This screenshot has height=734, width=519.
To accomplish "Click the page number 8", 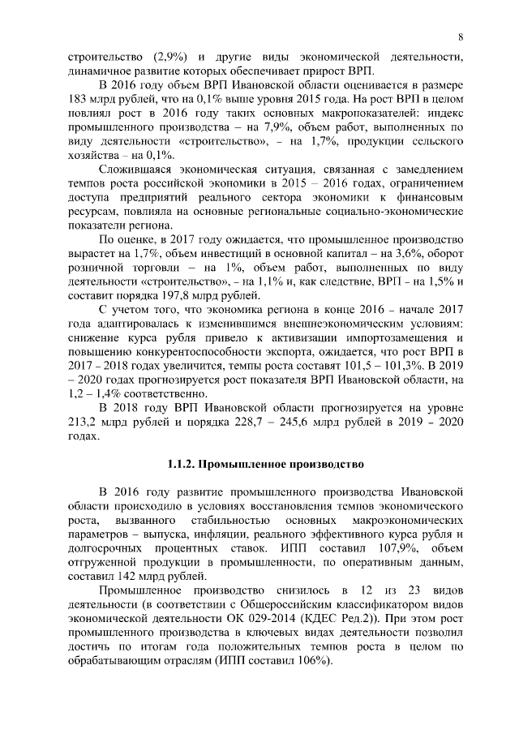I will tap(460, 36).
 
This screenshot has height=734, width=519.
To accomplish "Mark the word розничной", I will tap(92, 268).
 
